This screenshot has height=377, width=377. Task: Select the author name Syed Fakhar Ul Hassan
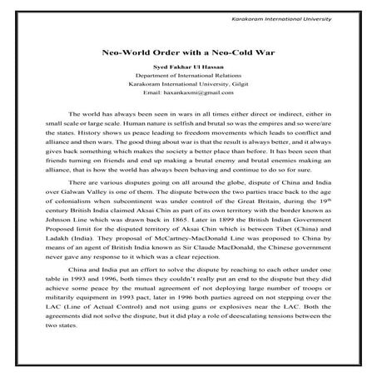point(188,66)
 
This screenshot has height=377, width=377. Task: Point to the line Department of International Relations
point(188,75)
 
